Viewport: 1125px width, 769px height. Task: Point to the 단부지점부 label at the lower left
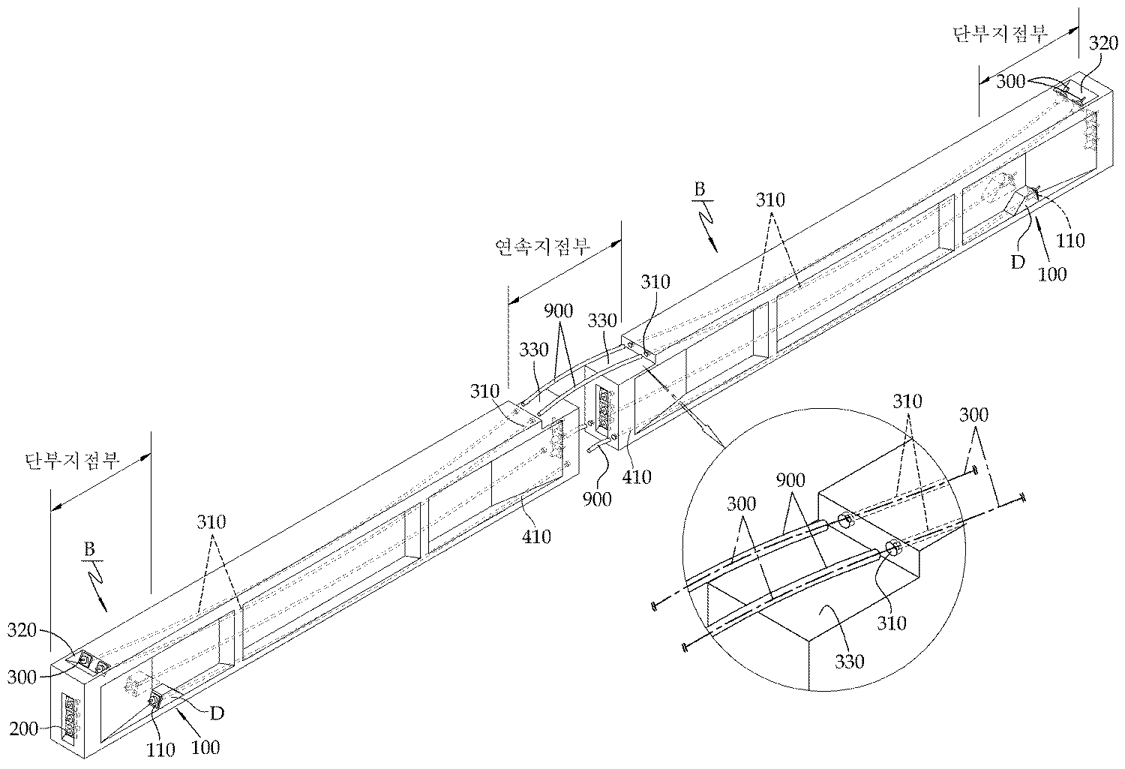pyautogui.click(x=71, y=460)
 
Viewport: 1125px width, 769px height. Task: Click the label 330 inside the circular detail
pyautogui.click(x=850, y=661)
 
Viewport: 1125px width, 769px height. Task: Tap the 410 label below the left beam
pyautogui.click(x=536, y=536)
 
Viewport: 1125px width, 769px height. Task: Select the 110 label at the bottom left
pyautogui.click(x=161, y=748)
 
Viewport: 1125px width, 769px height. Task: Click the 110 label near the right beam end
pyautogui.click(x=1070, y=240)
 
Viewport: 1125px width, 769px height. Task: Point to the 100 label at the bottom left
pyautogui.click(x=206, y=746)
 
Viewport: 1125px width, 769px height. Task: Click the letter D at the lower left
pyautogui.click(x=216, y=712)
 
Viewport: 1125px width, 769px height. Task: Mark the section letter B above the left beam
pyautogui.click(x=88, y=549)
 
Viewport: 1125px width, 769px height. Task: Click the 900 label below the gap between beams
pyautogui.click(x=596, y=498)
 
